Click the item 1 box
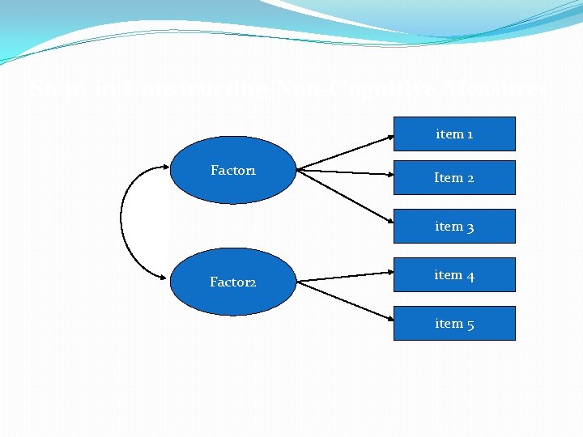pos(454,134)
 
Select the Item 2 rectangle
pos(454,177)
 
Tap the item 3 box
pos(454,227)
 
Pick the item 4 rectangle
pos(454,275)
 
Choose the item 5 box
pos(454,324)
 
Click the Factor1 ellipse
pos(233,170)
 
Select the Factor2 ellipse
pos(233,282)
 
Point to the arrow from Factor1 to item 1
pos(346,152)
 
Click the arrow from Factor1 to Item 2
pos(346,172)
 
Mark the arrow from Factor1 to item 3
pos(346,197)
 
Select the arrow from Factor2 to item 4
pos(346,276)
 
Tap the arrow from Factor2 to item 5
pos(346,301)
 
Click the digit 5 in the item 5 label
pos(470,325)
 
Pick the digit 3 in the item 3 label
pos(470,227)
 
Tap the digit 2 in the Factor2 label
pos(253,282)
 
